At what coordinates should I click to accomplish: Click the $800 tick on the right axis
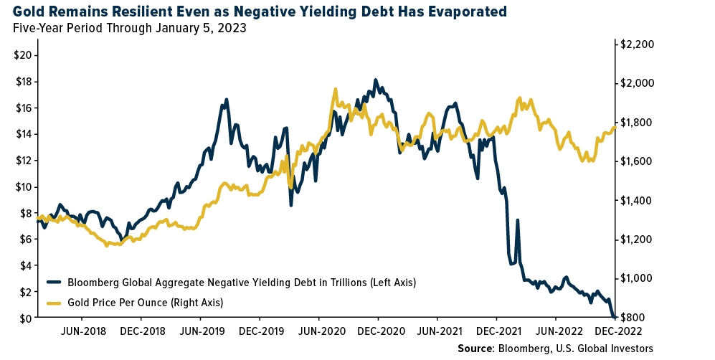tap(634, 318)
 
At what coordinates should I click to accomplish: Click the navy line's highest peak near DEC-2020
tap(375, 80)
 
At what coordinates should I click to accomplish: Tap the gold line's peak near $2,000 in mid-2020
tap(335, 89)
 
